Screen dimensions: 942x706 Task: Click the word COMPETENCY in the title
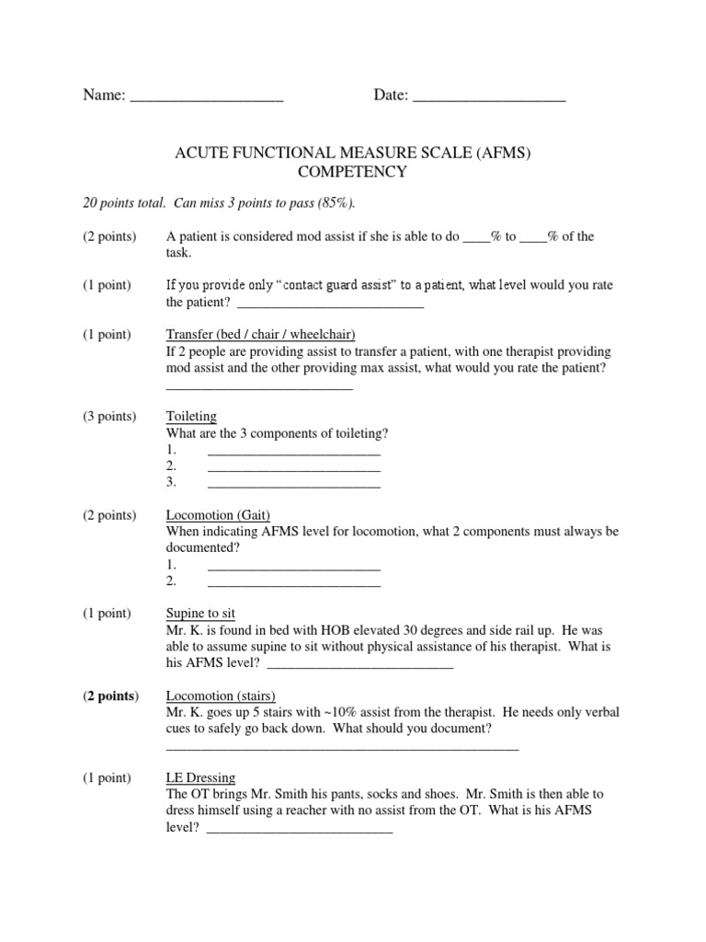pyautogui.click(x=353, y=172)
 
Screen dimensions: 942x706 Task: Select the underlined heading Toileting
pyautogui.click(x=191, y=417)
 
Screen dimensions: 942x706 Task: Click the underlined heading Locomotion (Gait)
pyautogui.click(x=218, y=515)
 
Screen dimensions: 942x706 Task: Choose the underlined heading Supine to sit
pyautogui.click(x=200, y=614)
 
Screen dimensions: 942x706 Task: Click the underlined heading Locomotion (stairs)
pyautogui.click(x=221, y=695)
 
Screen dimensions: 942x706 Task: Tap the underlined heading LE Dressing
pyautogui.click(x=200, y=777)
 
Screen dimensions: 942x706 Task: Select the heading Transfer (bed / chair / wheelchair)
pyautogui.click(x=260, y=334)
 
